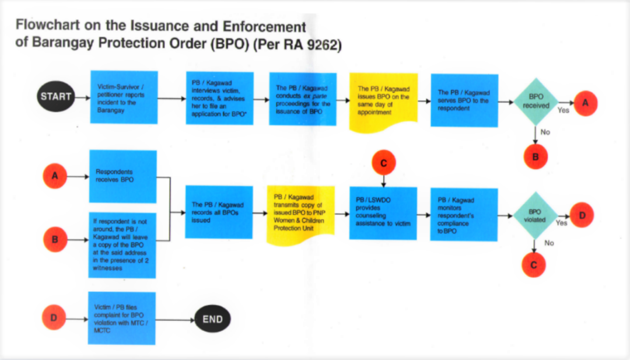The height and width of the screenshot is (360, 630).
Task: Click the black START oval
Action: [55, 97]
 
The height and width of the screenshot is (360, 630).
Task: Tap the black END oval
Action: [212, 319]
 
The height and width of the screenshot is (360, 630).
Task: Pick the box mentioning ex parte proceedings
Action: [303, 99]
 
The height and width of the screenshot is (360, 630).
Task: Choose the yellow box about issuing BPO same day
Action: [383, 100]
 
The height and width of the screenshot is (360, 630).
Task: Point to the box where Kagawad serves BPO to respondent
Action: [464, 100]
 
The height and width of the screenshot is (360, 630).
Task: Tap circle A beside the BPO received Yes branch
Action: [586, 103]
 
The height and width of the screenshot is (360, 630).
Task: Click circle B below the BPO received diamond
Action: [535, 156]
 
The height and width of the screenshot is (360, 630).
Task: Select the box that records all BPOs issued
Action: [219, 212]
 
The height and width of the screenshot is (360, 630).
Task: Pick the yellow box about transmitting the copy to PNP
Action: [300, 214]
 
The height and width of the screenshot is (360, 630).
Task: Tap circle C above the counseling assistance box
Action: [383, 163]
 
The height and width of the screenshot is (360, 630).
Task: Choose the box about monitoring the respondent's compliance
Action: [464, 215]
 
